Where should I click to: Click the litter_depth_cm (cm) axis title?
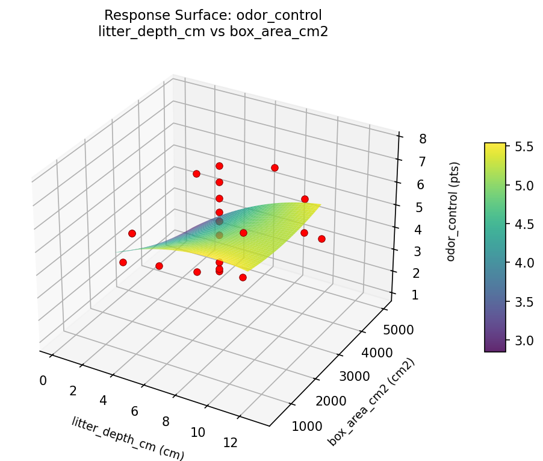(127, 439)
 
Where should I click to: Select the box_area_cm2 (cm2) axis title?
(371, 402)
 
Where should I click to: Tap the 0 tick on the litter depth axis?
(43, 380)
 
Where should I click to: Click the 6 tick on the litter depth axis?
(135, 411)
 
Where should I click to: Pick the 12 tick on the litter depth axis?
(230, 442)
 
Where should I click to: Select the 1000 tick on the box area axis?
(306, 427)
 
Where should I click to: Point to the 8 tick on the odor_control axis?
(423, 139)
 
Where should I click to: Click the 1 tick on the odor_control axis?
(415, 295)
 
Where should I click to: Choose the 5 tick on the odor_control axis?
(420, 207)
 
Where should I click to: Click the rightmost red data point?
(321, 239)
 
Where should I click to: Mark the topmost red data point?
(219, 166)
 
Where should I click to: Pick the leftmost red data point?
(123, 262)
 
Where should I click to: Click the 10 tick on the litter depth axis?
(197, 432)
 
